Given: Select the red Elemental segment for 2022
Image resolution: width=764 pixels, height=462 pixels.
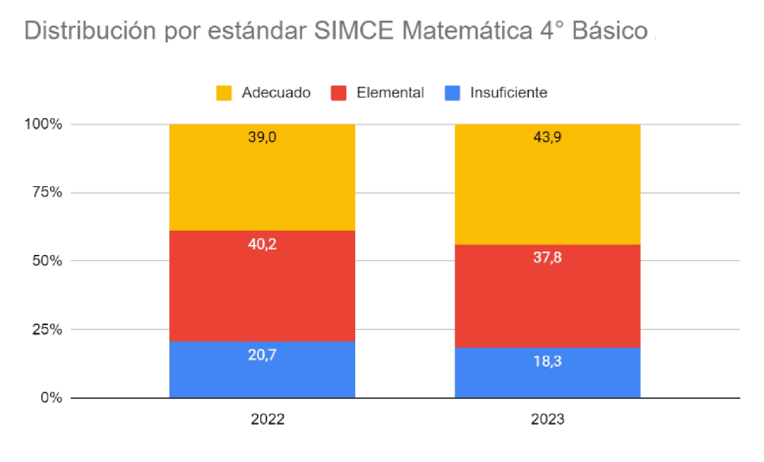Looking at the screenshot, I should pos(262,291).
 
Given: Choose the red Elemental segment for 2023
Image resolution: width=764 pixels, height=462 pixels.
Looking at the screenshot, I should pos(547,302).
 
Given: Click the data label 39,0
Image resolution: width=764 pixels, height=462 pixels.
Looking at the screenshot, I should pos(262,137).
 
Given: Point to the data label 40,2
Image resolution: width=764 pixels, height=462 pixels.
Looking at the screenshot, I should pos(262,244).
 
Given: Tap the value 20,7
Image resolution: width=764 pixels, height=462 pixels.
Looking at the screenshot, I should pos(262,355).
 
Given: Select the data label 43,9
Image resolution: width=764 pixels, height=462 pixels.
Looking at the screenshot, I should pos(547,137).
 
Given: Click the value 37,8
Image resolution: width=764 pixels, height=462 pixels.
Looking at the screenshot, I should pos(547,257).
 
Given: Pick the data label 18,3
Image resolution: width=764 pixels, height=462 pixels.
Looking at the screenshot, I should pos(547,361).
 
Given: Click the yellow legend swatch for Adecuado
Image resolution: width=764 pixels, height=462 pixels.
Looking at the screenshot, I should pos(224,93).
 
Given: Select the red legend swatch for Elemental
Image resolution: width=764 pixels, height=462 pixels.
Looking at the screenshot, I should pos(338,93).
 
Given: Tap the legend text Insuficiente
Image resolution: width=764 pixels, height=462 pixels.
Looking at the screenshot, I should pos(509,93).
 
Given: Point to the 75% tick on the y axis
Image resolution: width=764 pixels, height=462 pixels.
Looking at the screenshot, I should pos(47,192).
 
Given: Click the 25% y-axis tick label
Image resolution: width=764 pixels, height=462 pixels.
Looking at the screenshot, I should pos(47,329).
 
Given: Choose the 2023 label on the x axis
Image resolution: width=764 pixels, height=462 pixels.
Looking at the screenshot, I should pos(547,419).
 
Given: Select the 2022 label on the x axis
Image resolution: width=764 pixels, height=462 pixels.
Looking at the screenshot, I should pos(267,419).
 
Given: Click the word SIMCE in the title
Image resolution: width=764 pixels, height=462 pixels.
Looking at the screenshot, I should pos(354,30).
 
